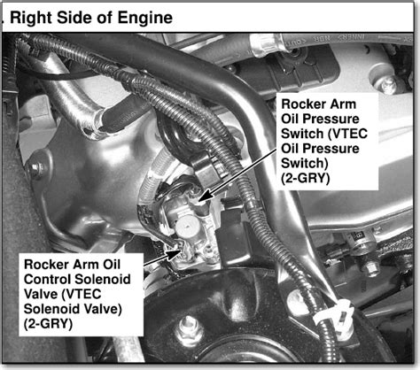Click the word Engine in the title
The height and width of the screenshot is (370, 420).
coord(145,18)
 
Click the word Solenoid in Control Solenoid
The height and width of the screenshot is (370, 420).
coord(103,279)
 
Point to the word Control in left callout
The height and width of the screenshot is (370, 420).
coord(48,279)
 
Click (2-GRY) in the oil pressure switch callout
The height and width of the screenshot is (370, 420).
coord(306,178)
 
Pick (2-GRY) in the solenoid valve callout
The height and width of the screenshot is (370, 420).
coord(48,324)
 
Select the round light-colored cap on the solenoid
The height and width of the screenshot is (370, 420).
coord(187,227)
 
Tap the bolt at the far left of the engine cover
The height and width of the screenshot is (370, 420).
coord(36,168)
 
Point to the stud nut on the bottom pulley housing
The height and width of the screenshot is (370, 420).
coord(188,326)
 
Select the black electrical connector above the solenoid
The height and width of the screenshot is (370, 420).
coord(209,171)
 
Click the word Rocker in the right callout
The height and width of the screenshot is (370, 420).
coord(299,104)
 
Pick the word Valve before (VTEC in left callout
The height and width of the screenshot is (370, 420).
coord(40,294)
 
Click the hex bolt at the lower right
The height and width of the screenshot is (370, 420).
coord(370,266)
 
